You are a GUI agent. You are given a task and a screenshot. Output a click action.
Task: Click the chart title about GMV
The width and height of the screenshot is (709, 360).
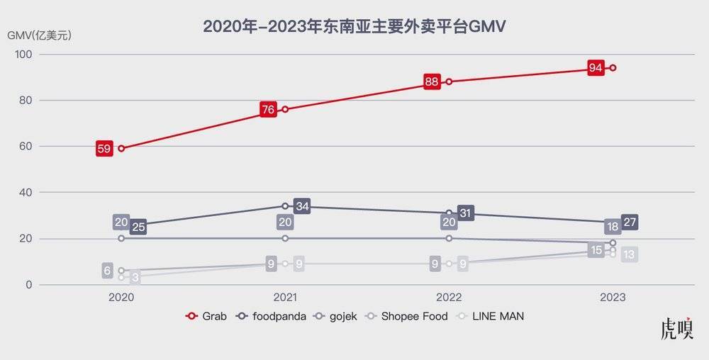click(354, 27)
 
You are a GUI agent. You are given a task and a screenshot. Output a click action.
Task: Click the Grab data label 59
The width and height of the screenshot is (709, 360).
click(104, 149)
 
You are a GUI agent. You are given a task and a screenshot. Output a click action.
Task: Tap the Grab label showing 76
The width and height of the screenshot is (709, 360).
click(267, 110)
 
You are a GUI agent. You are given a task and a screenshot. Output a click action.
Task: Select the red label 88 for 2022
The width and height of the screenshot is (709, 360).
click(431, 81)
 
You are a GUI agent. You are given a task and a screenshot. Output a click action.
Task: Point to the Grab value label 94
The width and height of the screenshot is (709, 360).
click(596, 68)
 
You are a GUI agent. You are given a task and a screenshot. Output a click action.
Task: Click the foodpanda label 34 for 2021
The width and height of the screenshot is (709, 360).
click(302, 207)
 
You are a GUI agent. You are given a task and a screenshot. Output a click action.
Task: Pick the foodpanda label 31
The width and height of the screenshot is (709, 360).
click(466, 213)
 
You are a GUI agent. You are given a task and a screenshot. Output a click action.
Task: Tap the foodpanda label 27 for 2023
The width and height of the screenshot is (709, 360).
click(630, 223)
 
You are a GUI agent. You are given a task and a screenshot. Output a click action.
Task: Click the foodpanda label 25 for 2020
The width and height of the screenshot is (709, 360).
click(138, 227)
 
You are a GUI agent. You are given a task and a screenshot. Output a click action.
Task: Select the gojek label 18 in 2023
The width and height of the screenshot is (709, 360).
click(613, 227)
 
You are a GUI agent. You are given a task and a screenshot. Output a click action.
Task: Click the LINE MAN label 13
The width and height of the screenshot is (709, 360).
click(630, 255)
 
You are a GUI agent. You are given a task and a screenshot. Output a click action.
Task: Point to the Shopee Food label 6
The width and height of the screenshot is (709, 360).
click(107, 270)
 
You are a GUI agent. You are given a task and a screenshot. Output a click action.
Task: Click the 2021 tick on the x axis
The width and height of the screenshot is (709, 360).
click(285, 298)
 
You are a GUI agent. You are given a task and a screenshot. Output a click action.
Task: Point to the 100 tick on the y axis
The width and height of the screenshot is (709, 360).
click(23, 55)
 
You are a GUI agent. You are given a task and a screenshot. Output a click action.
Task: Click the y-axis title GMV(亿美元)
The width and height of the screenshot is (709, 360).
click(40, 34)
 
